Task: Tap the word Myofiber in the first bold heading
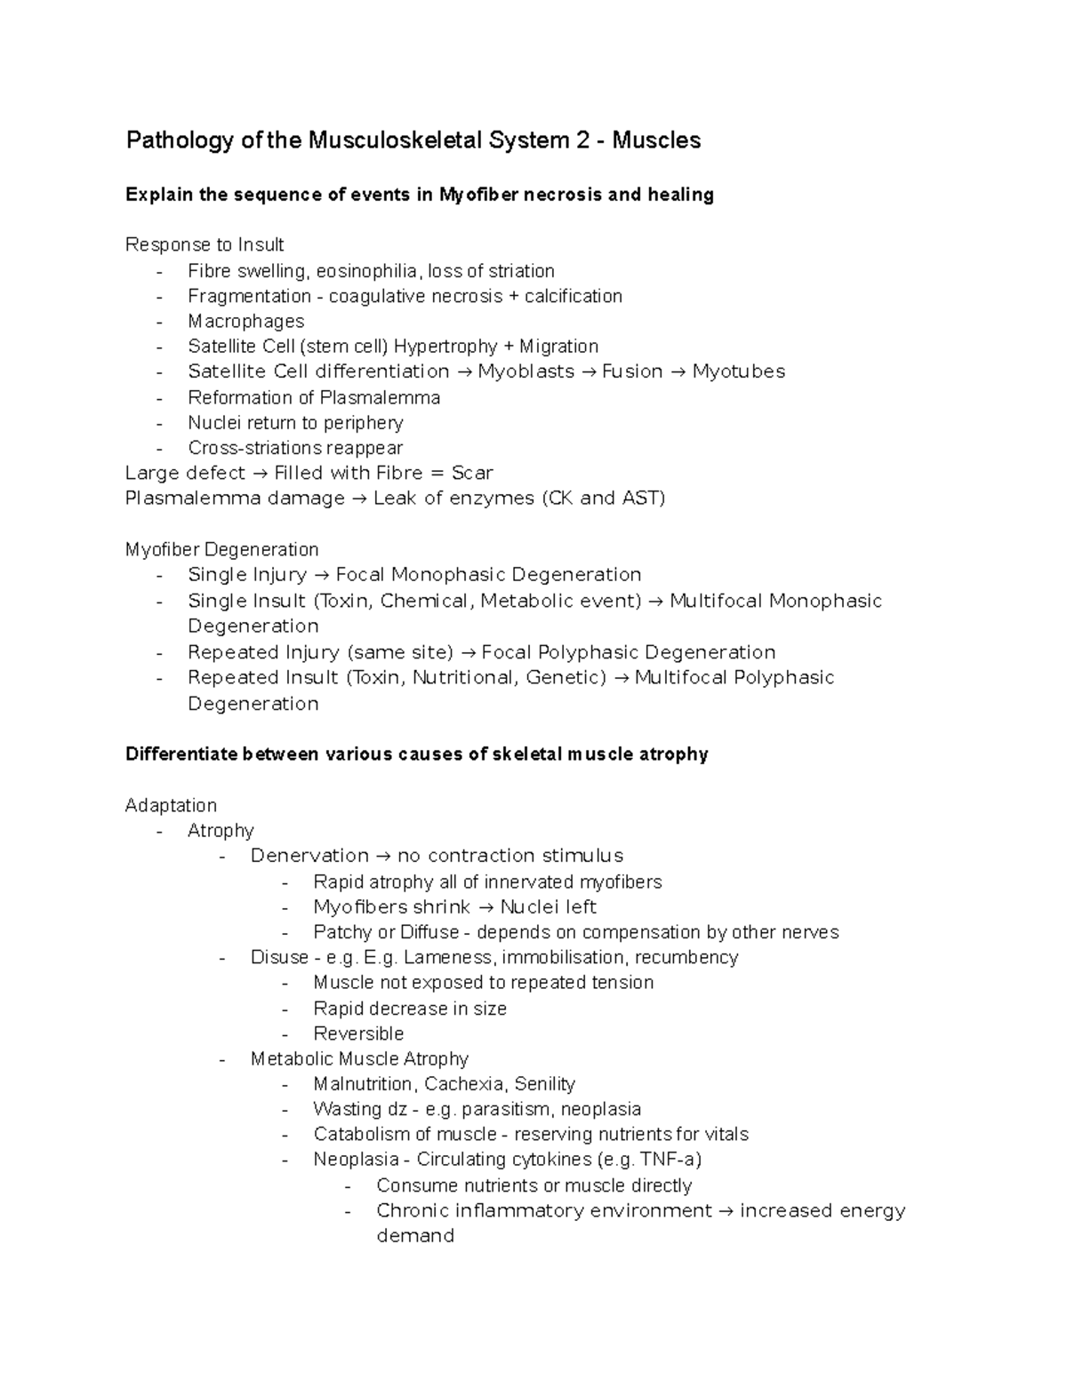click(x=478, y=195)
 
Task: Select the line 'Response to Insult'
click(x=205, y=244)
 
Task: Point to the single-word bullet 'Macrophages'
click(x=245, y=321)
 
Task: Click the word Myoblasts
click(x=525, y=371)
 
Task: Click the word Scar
click(x=471, y=473)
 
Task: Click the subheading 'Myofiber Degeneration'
click(x=221, y=549)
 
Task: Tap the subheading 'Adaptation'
click(x=171, y=805)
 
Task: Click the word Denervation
click(x=309, y=856)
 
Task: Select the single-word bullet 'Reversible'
click(x=358, y=1033)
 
